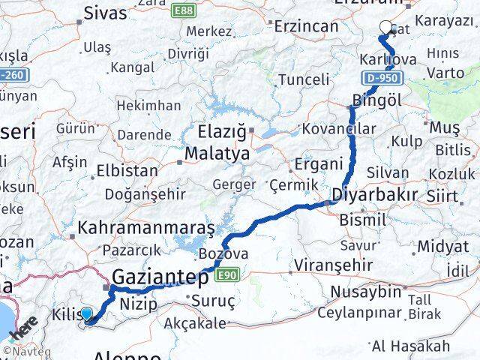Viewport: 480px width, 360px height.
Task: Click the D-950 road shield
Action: pyautogui.click(x=383, y=77)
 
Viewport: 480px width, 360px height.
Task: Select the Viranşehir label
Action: pyautogui.click(x=333, y=265)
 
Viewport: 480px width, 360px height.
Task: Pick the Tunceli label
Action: pyautogui.click(x=304, y=79)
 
